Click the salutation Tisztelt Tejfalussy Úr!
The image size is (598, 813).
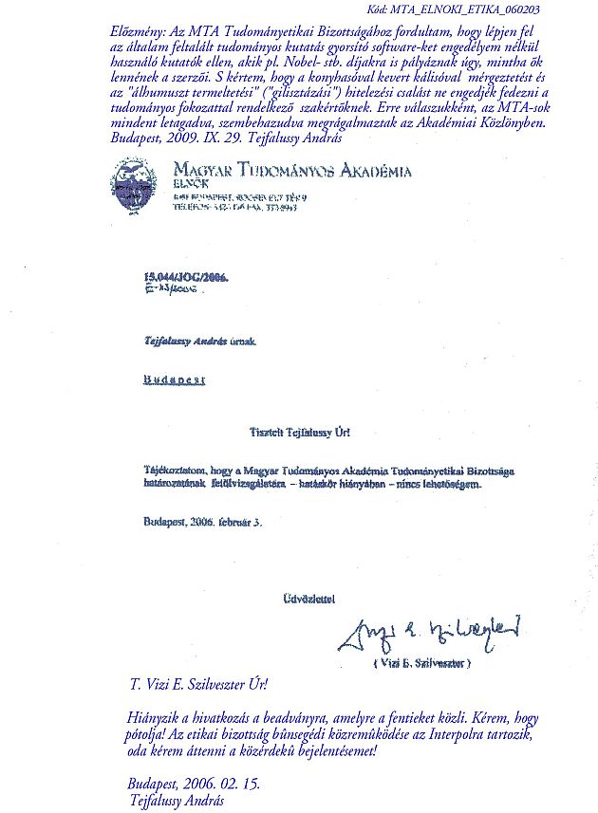coord(299,433)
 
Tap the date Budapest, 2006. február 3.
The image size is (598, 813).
coord(202,520)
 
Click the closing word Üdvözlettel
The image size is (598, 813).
coord(308,599)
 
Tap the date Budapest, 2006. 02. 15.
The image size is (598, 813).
coord(193,785)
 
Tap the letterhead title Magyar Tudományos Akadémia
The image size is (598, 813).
coord(292,171)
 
